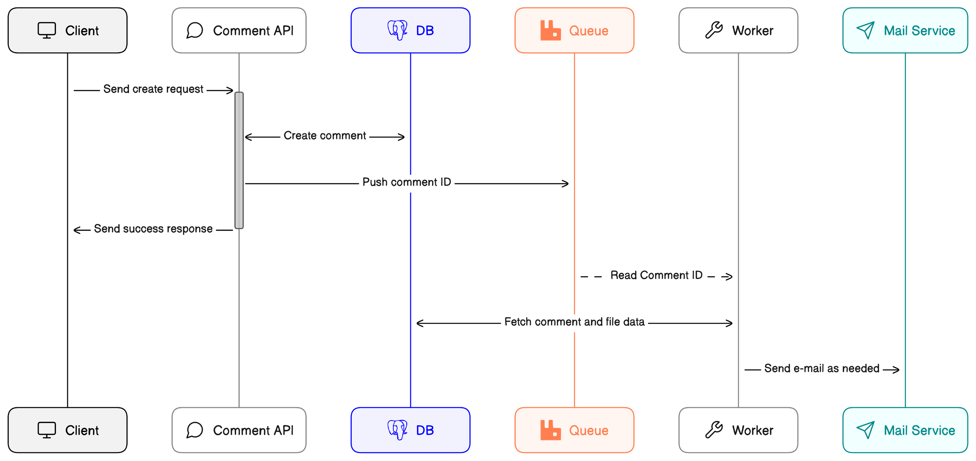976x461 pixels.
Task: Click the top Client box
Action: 68,30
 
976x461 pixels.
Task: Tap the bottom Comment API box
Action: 239,430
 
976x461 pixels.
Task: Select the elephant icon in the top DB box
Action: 397,30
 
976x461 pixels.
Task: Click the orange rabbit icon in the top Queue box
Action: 550,30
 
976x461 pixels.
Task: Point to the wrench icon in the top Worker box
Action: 714,30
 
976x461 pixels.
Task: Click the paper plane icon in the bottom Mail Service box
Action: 865,430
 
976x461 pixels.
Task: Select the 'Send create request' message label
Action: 153,89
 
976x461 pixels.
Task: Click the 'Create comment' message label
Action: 325,136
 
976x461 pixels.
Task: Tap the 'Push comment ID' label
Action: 407,182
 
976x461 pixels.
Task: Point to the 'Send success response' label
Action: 153,229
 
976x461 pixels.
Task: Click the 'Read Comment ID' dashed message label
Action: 656,276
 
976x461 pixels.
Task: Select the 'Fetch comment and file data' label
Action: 574,322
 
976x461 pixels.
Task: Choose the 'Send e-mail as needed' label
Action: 821,369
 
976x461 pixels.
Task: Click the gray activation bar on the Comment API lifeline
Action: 239,160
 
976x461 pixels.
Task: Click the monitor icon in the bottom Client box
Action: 47,430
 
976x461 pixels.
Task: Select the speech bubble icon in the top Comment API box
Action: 195,30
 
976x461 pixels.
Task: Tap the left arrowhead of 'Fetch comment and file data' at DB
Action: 419,323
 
